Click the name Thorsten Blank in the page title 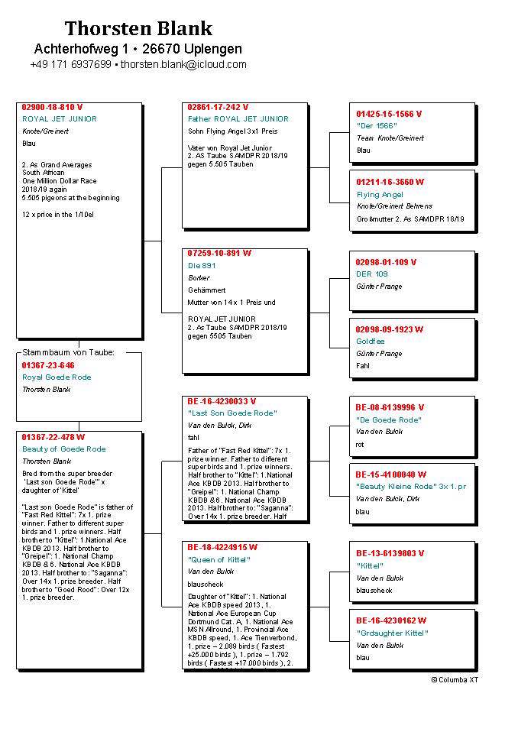point(138,29)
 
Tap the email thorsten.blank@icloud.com point(183,65)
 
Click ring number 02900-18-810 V point(52,107)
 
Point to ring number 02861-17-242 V point(218,107)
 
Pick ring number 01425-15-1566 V point(389,114)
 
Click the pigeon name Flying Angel point(380,194)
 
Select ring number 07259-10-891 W point(219,253)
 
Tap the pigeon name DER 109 point(372,274)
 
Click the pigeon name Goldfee point(371,341)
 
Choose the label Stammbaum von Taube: point(68,352)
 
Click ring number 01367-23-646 point(48,365)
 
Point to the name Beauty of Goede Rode point(63,449)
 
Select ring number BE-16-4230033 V point(222,400)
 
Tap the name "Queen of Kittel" point(219,559)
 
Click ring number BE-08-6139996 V point(390,407)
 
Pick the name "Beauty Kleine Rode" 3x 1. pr point(411,486)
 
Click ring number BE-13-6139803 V point(390,553)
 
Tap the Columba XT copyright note point(455,679)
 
